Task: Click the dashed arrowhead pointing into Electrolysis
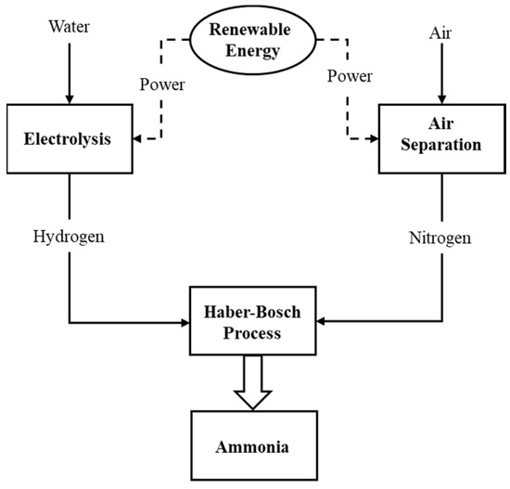pyautogui.click(x=139, y=139)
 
